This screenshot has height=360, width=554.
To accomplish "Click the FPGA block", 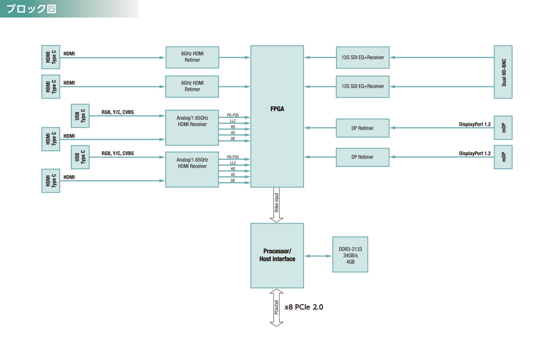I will [x=277, y=116].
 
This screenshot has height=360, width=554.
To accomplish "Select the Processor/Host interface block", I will [x=277, y=255].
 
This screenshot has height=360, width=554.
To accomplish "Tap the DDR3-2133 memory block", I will [x=350, y=254].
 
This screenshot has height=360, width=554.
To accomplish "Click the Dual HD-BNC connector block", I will [x=503, y=72].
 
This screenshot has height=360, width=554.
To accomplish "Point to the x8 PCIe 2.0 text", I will [x=304, y=307].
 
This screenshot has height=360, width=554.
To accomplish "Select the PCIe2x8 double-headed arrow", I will [x=276, y=307].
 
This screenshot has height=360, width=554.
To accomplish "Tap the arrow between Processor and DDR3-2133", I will [x=318, y=256].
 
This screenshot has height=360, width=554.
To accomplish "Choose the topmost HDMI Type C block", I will [x=51, y=57].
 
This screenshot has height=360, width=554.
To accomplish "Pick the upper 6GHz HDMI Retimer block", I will [x=192, y=57].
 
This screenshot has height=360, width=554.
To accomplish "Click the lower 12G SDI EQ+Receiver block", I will [x=363, y=86].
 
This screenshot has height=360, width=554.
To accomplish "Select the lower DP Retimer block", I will [x=363, y=157].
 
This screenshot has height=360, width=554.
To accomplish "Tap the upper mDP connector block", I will [x=503, y=128].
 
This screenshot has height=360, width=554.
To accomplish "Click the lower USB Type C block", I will [x=80, y=157].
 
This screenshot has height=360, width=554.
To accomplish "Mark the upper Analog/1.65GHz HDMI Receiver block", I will [x=192, y=128].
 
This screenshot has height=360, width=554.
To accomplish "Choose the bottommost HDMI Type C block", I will [x=51, y=180].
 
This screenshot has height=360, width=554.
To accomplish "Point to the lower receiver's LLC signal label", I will [x=233, y=163].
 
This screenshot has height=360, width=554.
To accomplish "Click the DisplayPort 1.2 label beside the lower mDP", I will [x=475, y=153].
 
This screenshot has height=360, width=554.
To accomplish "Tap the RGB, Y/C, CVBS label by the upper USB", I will [x=118, y=112].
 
